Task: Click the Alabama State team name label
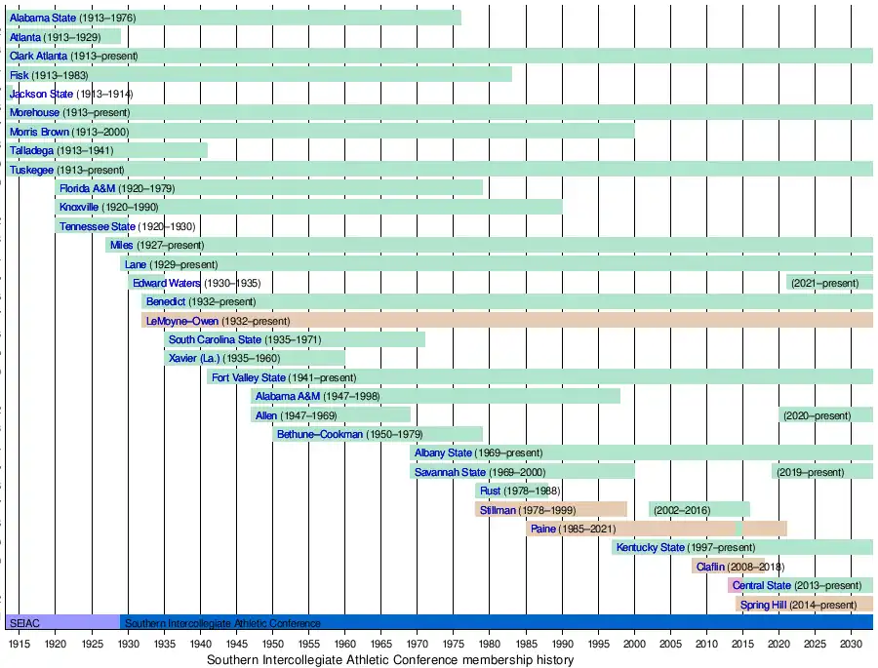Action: (x=41, y=18)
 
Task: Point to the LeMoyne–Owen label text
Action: (x=181, y=321)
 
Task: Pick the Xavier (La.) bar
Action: (x=254, y=358)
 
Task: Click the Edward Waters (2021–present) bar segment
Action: (x=829, y=283)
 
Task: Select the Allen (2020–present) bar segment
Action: (x=825, y=415)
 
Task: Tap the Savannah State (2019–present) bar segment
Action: (x=822, y=472)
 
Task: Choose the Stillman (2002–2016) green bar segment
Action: (x=698, y=509)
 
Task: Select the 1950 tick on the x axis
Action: (x=272, y=645)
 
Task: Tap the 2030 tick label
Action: (x=851, y=645)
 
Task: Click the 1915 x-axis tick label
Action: (x=19, y=645)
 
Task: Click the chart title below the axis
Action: (x=390, y=660)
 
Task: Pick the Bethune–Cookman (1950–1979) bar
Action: (x=378, y=434)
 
